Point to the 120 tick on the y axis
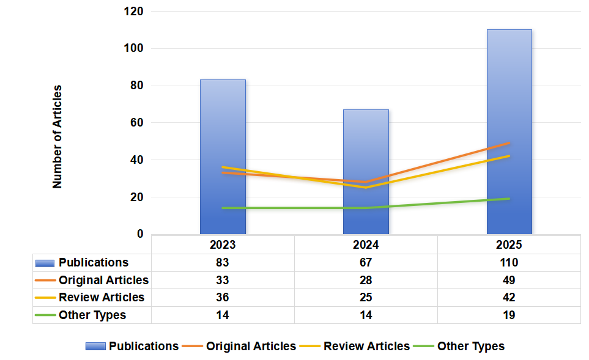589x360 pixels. pyautogui.click(x=133, y=12)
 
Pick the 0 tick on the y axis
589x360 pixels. pyautogui.click(x=140, y=234)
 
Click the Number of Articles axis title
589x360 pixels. pyautogui.click(x=57, y=136)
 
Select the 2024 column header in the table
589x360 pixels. pyautogui.click(x=366, y=244)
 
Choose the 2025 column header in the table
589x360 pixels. pyautogui.click(x=509, y=244)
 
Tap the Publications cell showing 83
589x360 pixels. pyautogui.click(x=223, y=263)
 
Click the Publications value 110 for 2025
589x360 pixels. pyautogui.click(x=509, y=263)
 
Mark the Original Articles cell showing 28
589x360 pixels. pyautogui.click(x=366, y=280)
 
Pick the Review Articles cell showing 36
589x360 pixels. pyautogui.click(x=223, y=298)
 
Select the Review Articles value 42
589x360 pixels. pyautogui.click(x=509, y=298)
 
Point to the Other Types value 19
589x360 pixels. pyautogui.click(x=509, y=315)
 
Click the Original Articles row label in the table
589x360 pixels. pyautogui.click(x=103, y=281)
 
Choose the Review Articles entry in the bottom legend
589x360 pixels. pyautogui.click(x=366, y=347)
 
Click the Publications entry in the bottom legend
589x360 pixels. pyautogui.click(x=144, y=347)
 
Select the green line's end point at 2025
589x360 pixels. pyautogui.click(x=509, y=199)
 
